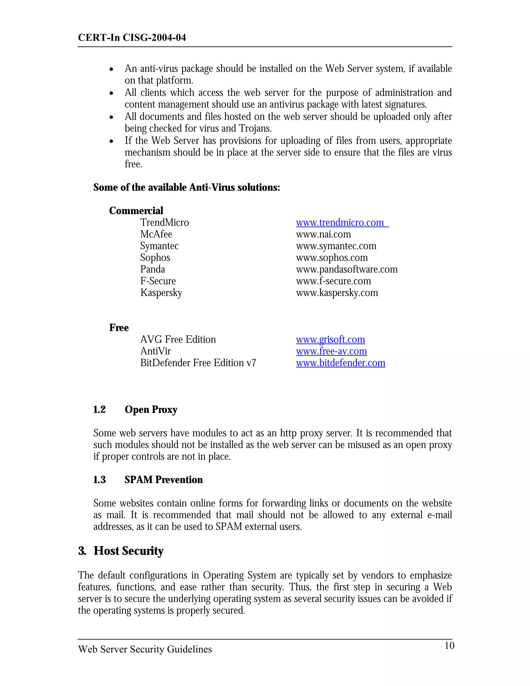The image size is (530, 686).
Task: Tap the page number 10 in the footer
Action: pos(449,645)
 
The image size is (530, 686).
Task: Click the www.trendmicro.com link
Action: pos(340,223)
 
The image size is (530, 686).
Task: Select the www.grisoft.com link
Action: pos(330,340)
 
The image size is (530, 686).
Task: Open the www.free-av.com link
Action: pos(331,351)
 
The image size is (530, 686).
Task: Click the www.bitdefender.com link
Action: pos(340,363)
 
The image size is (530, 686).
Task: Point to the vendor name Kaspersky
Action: pos(161,293)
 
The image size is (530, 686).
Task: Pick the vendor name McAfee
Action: pos(156,234)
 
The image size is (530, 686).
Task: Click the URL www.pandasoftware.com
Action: pos(347,269)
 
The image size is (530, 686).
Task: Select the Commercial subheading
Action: pos(136,210)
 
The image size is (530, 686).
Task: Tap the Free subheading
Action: pos(119,328)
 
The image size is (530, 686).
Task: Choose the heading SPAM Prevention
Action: pos(163,480)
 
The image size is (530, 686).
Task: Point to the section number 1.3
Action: pos(99,480)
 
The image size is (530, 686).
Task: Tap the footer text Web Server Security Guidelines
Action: pos(145,649)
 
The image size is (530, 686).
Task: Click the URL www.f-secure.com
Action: pos(333,281)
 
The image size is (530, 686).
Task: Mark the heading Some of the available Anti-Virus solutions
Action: pos(187,187)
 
